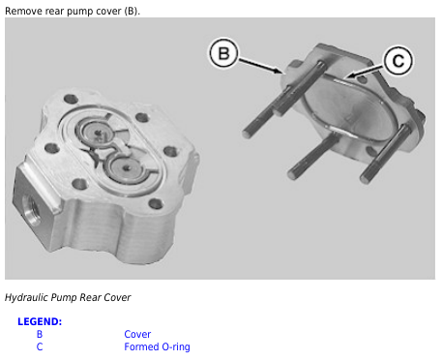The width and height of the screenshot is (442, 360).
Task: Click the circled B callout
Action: click(x=223, y=53)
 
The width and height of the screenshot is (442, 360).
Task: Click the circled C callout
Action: click(x=398, y=61)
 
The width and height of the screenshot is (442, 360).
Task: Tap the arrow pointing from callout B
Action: click(x=260, y=66)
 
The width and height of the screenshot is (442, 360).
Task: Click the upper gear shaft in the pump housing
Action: click(x=98, y=133)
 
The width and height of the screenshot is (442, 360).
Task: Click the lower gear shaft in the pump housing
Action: click(x=127, y=167)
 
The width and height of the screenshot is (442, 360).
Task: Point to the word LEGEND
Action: click(x=40, y=321)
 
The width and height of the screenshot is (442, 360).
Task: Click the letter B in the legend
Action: click(x=40, y=334)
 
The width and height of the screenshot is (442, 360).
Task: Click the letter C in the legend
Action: click(x=40, y=346)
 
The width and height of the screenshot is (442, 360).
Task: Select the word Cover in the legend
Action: click(x=137, y=334)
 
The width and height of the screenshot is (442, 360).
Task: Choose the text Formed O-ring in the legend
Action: click(x=157, y=346)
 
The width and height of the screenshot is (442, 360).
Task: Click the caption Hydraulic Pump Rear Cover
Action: click(x=68, y=297)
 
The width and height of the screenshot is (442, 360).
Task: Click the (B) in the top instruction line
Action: click(x=132, y=12)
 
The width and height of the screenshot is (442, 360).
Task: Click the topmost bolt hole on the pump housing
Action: click(x=71, y=99)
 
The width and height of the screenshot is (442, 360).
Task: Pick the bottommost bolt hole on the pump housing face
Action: click(x=156, y=204)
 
